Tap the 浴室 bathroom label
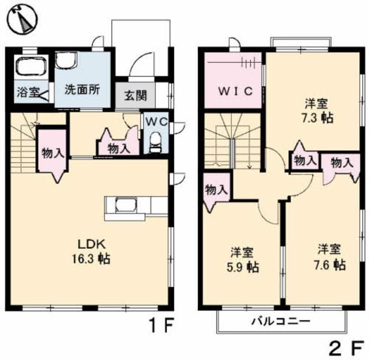[x=26, y=91]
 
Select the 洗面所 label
[x=82, y=90]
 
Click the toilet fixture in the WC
[x=155, y=143]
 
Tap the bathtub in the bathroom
[x=32, y=67]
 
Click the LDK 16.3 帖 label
[x=91, y=251]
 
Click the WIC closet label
[x=234, y=91]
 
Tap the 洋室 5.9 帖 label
[x=242, y=260]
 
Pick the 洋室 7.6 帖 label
[x=330, y=257]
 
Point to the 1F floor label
[x=160, y=327]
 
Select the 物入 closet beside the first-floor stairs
[x=52, y=154]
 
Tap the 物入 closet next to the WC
[x=119, y=147]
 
